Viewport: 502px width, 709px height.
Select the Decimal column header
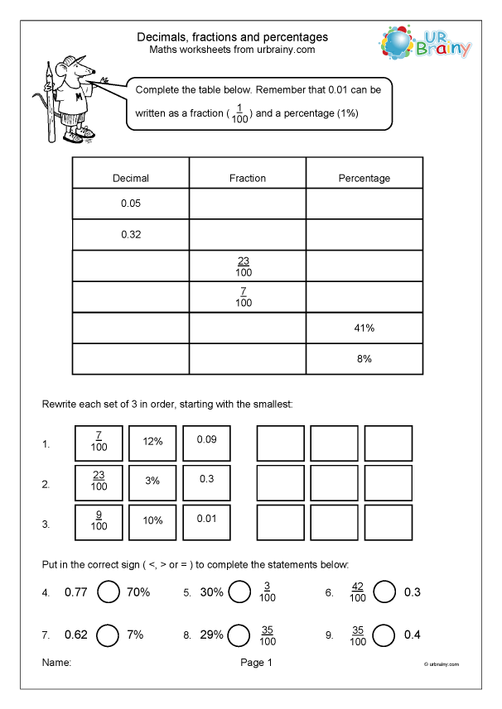click(x=131, y=178)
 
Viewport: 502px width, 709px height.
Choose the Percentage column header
click(x=364, y=178)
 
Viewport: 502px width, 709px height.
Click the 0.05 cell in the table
click(x=131, y=203)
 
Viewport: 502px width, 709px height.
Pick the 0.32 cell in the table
click(x=131, y=234)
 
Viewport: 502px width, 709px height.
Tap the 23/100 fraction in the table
click(x=244, y=266)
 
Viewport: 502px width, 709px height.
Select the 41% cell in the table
click(x=364, y=328)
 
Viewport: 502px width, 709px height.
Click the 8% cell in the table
click(x=364, y=359)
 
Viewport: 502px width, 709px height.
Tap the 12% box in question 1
click(x=152, y=443)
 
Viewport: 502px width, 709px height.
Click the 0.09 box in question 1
click(x=206, y=439)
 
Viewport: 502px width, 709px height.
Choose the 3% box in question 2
click(x=152, y=481)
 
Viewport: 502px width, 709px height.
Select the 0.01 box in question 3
click(x=206, y=518)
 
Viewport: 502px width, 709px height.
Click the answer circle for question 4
click(x=109, y=592)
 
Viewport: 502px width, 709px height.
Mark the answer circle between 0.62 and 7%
click(x=109, y=635)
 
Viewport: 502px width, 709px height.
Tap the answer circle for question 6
click(x=384, y=592)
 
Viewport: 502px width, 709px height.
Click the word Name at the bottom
click(x=56, y=663)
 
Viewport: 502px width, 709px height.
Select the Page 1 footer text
click(x=256, y=663)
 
